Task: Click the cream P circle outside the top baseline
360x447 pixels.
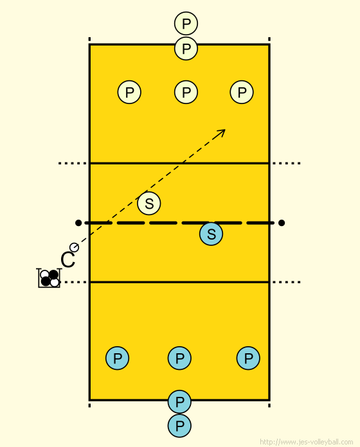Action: (186, 23)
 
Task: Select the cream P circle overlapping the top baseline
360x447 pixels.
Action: (186, 48)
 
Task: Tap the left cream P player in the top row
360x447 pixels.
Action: (129, 92)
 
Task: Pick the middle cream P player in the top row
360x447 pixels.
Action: (186, 92)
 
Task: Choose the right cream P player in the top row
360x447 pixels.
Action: (242, 92)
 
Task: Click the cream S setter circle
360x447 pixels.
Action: (149, 203)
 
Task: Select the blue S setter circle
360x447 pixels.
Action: (211, 234)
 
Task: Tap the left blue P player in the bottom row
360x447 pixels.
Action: (117, 358)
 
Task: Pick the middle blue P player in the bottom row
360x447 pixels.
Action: (179, 358)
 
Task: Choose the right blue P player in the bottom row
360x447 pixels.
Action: (248, 358)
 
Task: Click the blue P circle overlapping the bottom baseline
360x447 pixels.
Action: (179, 401)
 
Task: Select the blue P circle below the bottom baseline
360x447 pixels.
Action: (179, 426)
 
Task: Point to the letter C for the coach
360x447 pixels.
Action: (68, 260)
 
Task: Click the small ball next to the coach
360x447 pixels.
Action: (74, 247)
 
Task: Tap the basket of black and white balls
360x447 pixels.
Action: (49, 278)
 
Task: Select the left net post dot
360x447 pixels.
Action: (78, 223)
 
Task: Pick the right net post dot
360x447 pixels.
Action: (282, 223)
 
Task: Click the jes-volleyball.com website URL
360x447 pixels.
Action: (307, 442)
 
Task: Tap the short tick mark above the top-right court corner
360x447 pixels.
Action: (269, 39)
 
